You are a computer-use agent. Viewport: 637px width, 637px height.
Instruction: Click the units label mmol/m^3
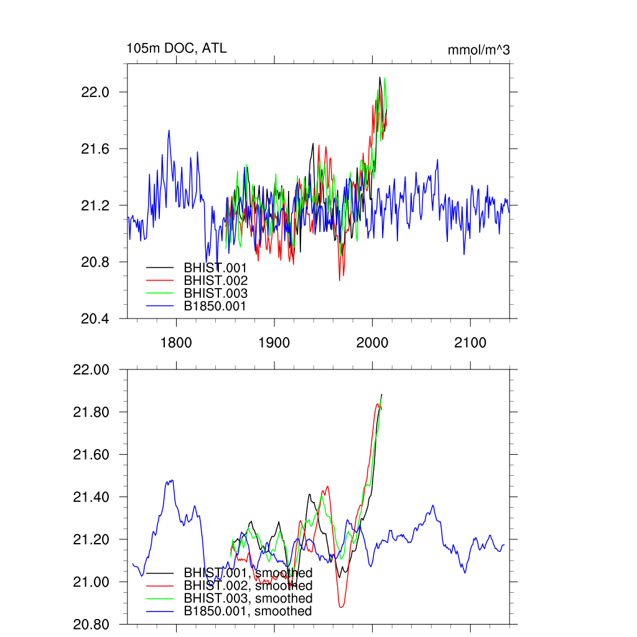click(478, 50)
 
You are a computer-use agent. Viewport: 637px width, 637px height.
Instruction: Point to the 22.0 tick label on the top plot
click(96, 92)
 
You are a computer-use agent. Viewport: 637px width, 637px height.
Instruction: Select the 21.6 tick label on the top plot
click(96, 149)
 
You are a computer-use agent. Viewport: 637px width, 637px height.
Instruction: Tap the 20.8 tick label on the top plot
click(96, 262)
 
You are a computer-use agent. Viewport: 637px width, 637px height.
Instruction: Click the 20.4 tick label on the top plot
click(96, 318)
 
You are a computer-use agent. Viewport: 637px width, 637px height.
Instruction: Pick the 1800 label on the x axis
click(176, 342)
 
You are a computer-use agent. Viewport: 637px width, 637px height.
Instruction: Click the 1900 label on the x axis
click(274, 342)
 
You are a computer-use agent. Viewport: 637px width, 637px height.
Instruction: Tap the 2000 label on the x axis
click(372, 342)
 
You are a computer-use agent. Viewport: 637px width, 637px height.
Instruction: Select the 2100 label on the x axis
click(470, 342)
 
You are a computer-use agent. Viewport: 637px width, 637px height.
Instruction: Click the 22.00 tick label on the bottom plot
click(91, 370)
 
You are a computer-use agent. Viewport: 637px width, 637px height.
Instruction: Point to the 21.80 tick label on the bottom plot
click(91, 412)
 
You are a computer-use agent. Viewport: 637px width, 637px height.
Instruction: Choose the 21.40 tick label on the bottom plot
click(91, 497)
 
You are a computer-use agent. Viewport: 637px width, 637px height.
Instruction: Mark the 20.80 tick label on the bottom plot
click(91, 624)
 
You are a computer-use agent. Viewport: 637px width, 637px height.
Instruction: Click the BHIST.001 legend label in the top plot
click(215, 267)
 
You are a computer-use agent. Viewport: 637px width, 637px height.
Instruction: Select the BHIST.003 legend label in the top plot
click(215, 293)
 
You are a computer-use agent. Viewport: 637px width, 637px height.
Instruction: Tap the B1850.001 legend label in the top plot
click(215, 306)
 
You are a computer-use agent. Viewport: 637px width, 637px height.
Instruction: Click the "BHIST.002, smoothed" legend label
click(248, 585)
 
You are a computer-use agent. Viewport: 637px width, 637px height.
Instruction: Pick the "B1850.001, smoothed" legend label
click(248, 611)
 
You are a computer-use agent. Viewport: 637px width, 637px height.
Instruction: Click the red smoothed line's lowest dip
click(341, 607)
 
